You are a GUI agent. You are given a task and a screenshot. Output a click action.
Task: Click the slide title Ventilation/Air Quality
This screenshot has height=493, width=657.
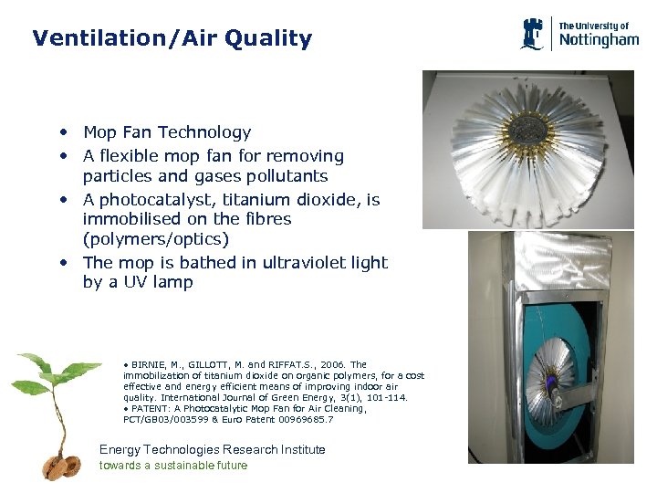point(172,38)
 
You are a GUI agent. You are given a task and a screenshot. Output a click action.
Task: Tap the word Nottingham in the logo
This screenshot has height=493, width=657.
point(599,40)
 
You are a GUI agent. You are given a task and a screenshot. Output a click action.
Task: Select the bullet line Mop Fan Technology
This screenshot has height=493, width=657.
point(166,132)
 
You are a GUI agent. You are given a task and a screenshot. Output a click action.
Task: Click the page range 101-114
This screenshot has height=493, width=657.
point(385,397)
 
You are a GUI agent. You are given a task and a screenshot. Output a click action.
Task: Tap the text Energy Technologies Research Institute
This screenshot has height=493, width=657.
point(212,449)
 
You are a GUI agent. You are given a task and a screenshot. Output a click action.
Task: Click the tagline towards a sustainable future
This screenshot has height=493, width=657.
point(172,466)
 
